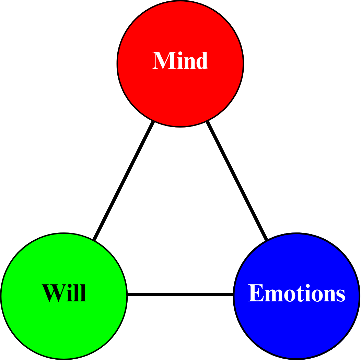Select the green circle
(x=64, y=326)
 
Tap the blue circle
(x=296, y=326)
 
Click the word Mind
(x=180, y=61)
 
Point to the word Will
(x=64, y=293)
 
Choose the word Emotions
(x=296, y=293)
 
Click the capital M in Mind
(x=163, y=61)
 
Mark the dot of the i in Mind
(x=177, y=53)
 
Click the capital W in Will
(x=53, y=293)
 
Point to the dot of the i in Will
(x=70, y=286)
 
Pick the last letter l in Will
(x=83, y=293)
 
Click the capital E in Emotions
(x=255, y=293)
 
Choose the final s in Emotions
(x=340, y=297)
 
